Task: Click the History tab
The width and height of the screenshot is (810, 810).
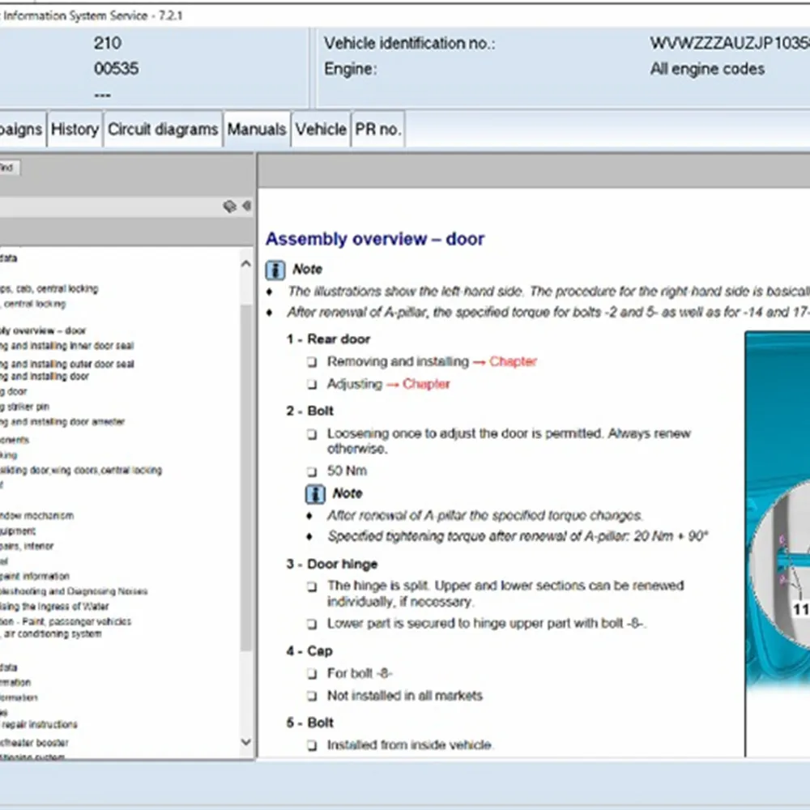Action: click(x=75, y=130)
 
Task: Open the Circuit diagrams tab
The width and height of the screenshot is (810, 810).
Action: click(x=163, y=130)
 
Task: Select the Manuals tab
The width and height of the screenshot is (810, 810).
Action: click(x=257, y=130)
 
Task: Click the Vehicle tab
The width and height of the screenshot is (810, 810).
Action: click(x=321, y=130)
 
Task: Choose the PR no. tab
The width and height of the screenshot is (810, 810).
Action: click(x=377, y=130)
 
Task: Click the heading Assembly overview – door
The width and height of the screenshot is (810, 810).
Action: click(x=375, y=239)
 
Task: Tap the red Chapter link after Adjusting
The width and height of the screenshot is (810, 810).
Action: click(x=426, y=384)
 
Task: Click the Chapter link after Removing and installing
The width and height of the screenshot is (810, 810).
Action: click(x=513, y=361)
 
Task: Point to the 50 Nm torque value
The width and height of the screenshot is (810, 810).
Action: click(x=347, y=471)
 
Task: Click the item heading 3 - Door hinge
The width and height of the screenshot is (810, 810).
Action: click(x=331, y=564)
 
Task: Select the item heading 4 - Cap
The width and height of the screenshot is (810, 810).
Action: click(x=309, y=651)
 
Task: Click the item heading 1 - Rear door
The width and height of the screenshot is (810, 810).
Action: click(x=327, y=339)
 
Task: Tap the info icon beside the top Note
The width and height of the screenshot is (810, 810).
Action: click(x=275, y=270)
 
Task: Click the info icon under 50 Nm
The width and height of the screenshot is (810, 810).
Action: click(x=315, y=493)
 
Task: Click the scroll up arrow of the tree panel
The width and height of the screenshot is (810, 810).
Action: click(x=246, y=262)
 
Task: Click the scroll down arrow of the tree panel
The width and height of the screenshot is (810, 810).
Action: click(x=246, y=742)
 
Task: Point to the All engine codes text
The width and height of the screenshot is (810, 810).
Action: click(x=707, y=69)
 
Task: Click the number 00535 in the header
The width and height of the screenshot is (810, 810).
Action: click(x=116, y=69)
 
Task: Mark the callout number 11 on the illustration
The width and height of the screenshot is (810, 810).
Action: click(x=799, y=610)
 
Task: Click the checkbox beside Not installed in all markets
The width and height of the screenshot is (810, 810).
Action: click(x=312, y=696)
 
